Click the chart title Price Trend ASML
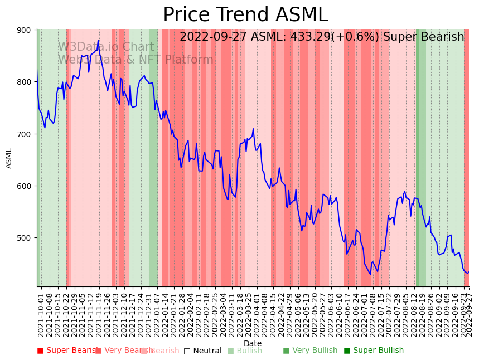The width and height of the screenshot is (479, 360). (245, 15)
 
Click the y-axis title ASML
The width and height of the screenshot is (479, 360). (9, 158)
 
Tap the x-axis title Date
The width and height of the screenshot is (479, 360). (253, 344)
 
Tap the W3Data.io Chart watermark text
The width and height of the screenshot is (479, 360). (106, 47)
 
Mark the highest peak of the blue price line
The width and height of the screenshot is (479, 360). (98, 41)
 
